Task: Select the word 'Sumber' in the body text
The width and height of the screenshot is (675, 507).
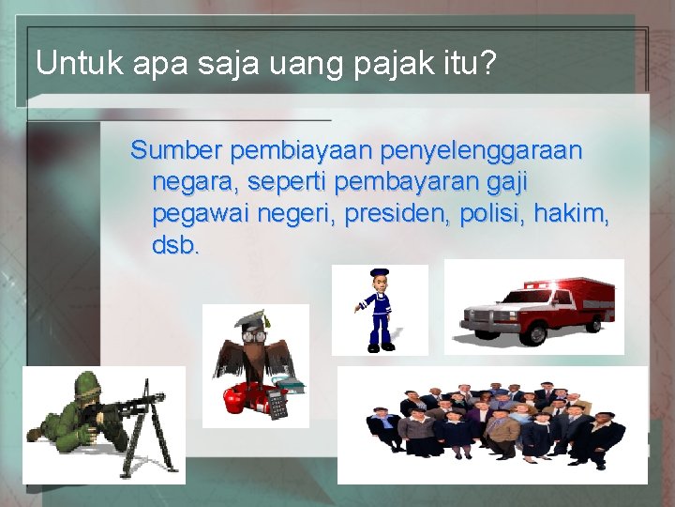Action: pos(176,150)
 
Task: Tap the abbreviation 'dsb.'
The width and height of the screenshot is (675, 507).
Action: pos(175,247)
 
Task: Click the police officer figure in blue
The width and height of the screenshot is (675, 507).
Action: pos(379,310)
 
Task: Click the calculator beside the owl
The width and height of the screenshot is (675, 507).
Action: pos(277,405)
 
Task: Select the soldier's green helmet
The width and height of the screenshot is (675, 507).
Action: pos(87,382)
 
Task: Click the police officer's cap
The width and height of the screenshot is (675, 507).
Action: pos(379,273)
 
